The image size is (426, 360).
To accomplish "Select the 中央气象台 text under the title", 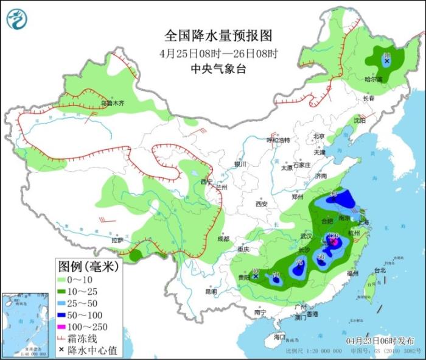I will [x=209, y=69].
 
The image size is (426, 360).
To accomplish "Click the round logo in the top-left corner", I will [x=17, y=18].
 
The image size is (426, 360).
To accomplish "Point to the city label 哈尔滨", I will [x=373, y=79].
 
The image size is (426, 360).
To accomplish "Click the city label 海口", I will [x=279, y=336].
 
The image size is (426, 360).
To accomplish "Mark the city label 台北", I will [x=380, y=270].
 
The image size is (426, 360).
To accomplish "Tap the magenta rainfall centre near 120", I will [x=333, y=242].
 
